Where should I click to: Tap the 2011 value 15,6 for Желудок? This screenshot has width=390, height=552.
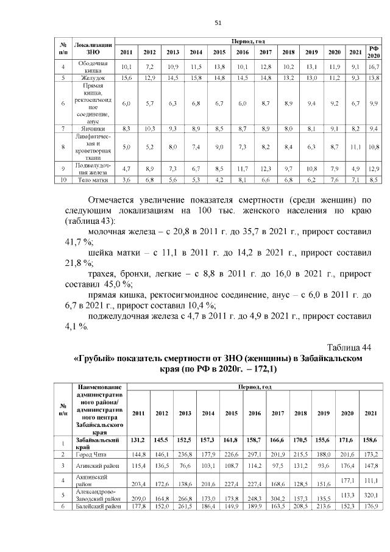(126, 78)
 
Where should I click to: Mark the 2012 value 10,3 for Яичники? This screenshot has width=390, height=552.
(149, 129)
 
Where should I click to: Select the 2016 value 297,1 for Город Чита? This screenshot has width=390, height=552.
(255, 454)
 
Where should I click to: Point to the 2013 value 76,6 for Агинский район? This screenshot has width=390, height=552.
(184, 467)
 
